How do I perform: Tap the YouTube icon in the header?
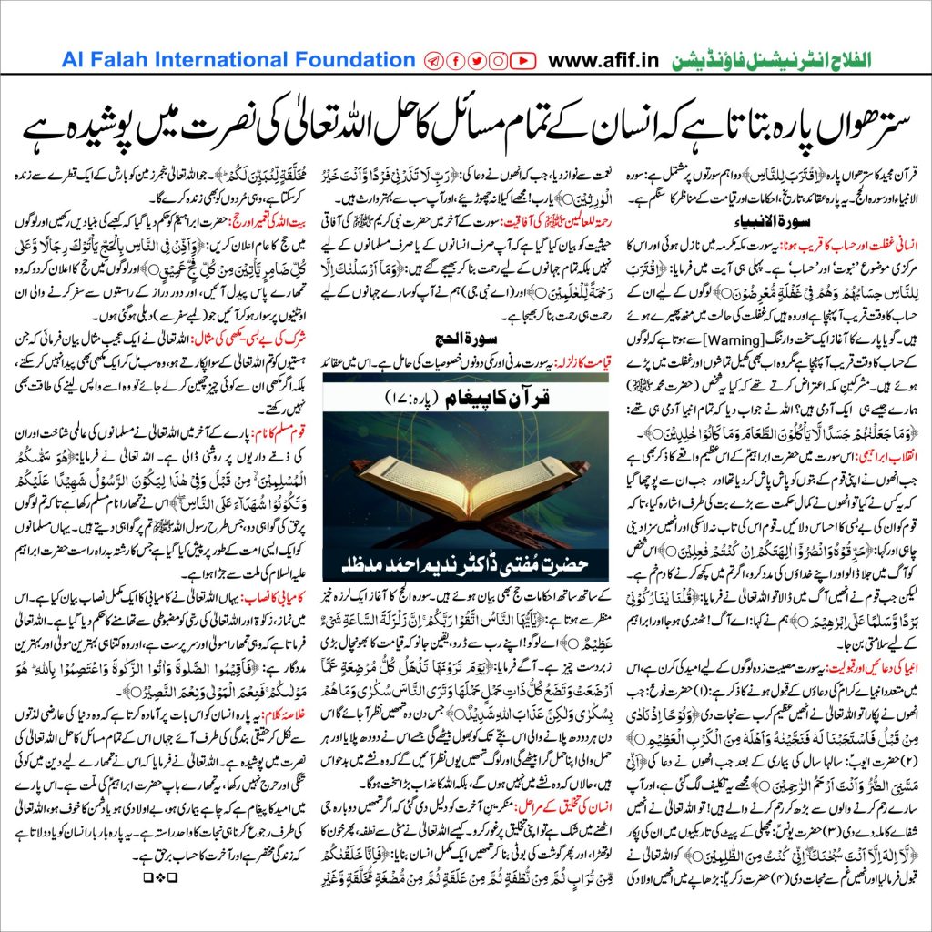[523, 60]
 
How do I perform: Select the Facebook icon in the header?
[454, 60]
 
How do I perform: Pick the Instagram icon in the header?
[499, 60]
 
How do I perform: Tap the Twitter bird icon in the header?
[476, 60]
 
